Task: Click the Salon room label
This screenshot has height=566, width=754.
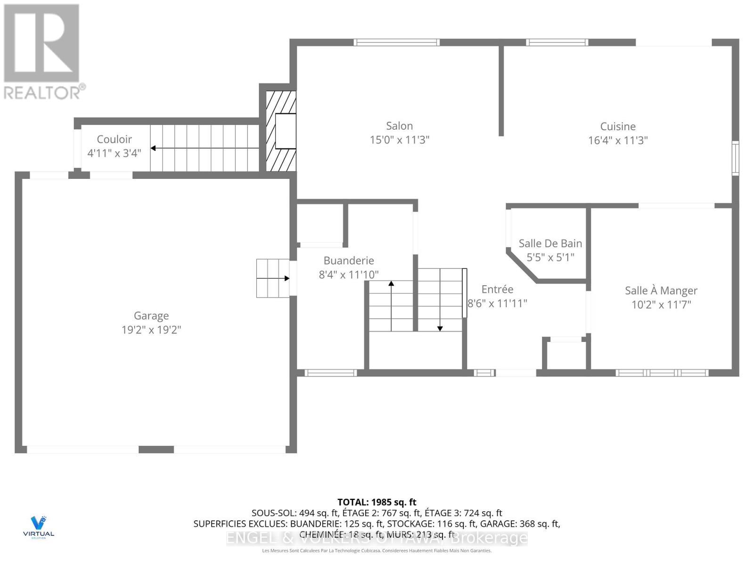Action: tap(399, 126)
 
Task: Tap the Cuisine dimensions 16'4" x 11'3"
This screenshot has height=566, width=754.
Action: tap(617, 141)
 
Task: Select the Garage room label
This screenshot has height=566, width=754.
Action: tap(151, 316)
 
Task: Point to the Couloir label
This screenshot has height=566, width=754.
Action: tap(114, 139)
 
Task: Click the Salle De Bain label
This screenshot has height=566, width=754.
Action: tap(550, 243)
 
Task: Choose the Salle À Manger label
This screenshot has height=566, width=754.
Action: tap(661, 291)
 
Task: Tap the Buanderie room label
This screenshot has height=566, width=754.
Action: tap(348, 260)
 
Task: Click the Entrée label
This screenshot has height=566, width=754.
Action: tap(497, 289)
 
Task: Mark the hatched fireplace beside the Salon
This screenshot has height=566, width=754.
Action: tap(281, 131)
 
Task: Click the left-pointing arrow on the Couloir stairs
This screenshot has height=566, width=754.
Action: tap(154, 148)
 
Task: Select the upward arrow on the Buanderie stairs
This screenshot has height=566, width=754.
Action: tap(391, 284)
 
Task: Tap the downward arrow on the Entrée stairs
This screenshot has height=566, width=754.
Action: tap(440, 327)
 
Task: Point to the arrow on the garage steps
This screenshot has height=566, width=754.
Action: tap(286, 278)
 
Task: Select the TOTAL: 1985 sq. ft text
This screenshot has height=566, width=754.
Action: tap(377, 502)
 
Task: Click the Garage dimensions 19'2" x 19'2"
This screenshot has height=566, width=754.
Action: tap(151, 330)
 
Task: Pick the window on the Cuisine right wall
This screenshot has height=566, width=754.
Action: tap(735, 158)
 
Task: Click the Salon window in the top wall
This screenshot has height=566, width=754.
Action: tap(396, 42)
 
